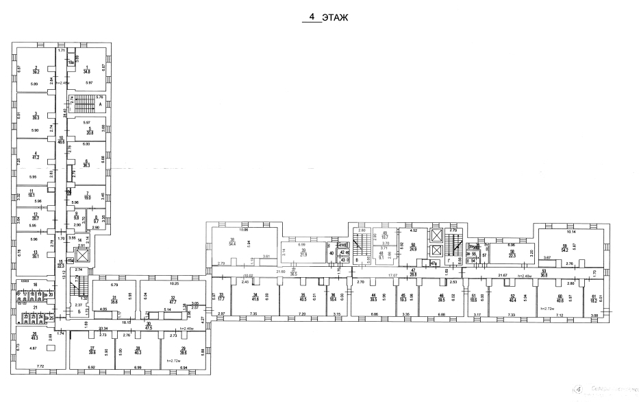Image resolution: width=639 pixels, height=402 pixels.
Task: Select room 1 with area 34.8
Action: pos(87,69)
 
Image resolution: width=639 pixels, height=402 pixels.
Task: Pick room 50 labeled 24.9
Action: pos(412,247)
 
